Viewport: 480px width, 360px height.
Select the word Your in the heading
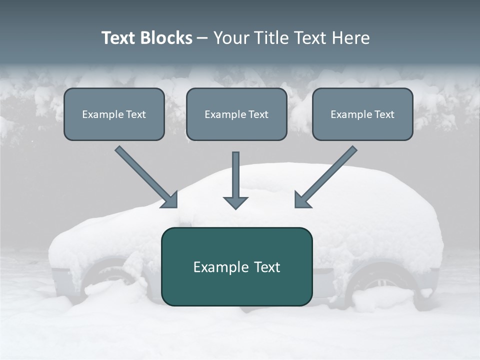pos(231,38)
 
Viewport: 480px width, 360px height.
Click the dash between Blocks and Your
pos(202,38)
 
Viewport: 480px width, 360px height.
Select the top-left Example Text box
pos(114,114)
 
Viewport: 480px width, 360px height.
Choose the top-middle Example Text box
pos(236,114)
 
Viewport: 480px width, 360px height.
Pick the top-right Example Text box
pos(362,114)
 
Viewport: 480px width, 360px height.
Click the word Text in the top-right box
pos(384,114)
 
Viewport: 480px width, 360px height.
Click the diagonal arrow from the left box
pos(145,175)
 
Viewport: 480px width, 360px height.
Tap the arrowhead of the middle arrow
pos(235,202)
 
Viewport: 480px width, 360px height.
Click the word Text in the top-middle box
pos(258,114)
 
